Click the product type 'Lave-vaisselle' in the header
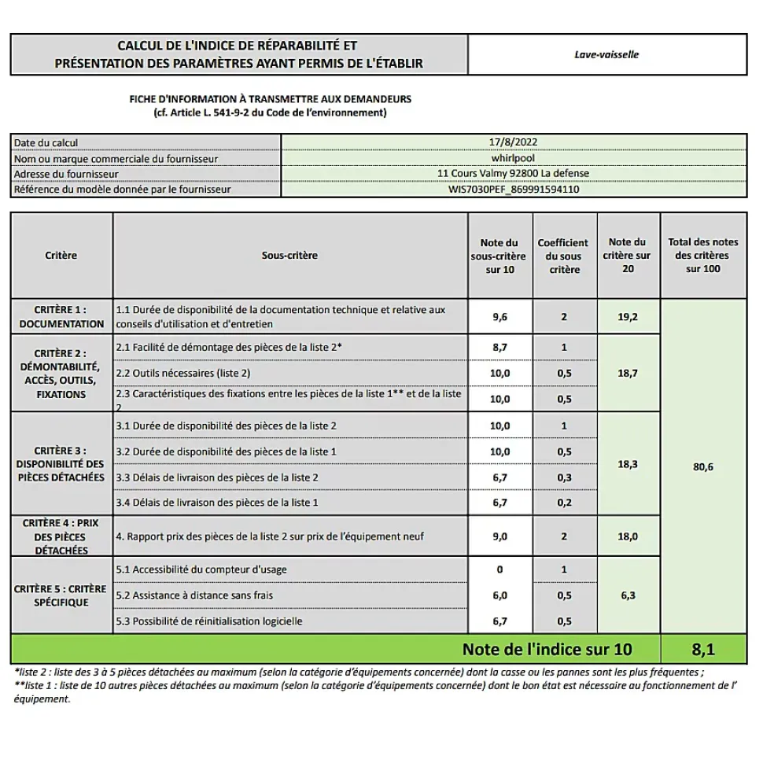(606, 55)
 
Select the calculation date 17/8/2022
(513, 142)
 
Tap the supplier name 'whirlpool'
(513, 158)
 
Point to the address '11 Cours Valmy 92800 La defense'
(513, 174)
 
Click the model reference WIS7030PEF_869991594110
(513, 190)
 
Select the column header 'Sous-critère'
(289, 256)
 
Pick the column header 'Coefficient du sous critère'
(563, 256)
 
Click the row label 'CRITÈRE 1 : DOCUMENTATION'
(61, 317)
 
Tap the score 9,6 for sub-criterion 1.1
(499, 317)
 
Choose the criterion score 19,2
(627, 317)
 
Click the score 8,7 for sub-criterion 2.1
(499, 347)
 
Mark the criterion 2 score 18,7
(627, 373)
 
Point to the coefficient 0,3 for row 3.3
(564, 477)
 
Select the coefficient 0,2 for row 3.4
(564, 503)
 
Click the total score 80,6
(703, 466)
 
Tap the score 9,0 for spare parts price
(499, 536)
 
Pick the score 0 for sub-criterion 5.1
(499, 569)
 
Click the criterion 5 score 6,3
(627, 595)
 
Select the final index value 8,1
(703, 650)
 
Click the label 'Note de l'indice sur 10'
(547, 650)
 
